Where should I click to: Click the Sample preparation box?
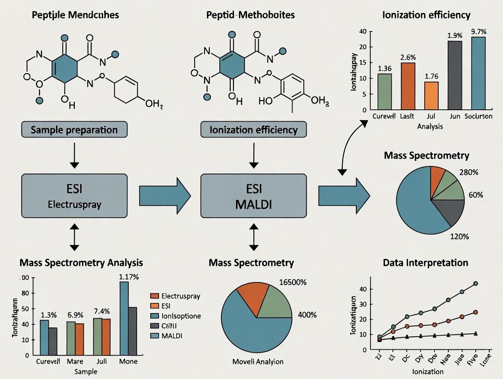74,130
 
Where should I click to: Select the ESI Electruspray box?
74,196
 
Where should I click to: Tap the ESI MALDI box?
253,196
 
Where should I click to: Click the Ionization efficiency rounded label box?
253,130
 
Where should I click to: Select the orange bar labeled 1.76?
431,96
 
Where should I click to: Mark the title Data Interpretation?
426,263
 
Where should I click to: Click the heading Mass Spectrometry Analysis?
81,263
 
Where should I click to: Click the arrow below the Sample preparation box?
74,157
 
